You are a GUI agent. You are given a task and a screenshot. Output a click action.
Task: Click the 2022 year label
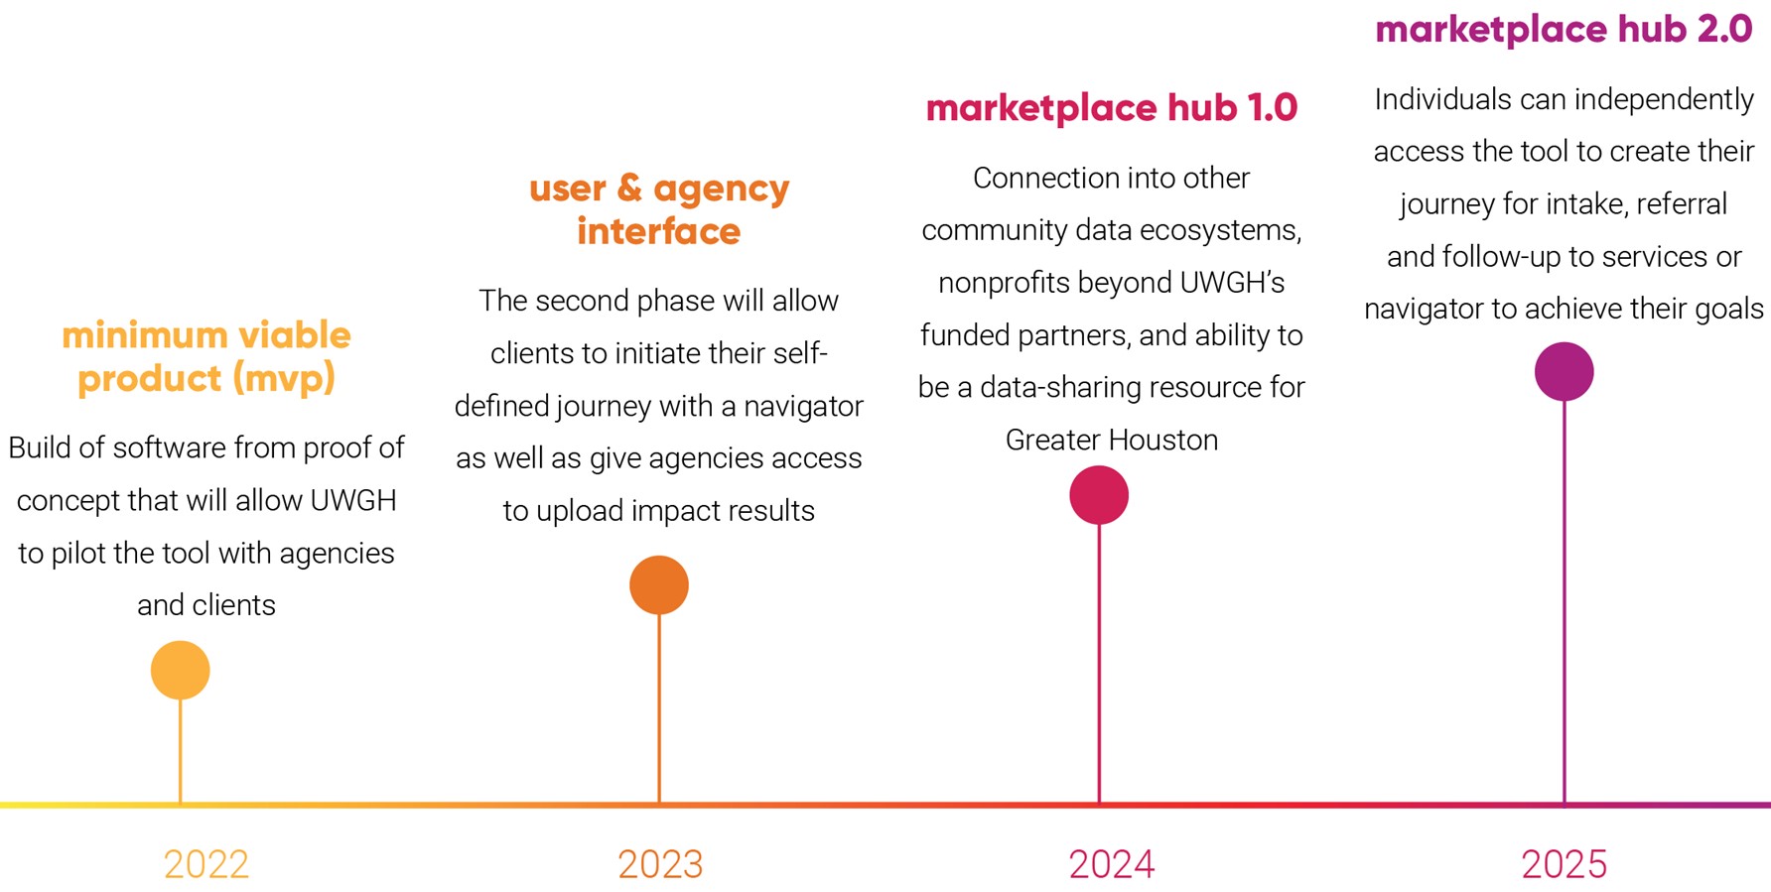coord(206,864)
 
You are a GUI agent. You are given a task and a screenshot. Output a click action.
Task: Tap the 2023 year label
coord(660,864)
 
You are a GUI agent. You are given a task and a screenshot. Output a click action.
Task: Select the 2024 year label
coord(1112,864)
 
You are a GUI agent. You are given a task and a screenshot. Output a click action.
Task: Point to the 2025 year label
coord(1565,864)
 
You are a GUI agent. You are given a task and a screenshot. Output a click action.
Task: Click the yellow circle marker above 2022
coord(181,670)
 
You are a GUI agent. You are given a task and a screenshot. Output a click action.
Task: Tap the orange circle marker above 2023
coord(659,584)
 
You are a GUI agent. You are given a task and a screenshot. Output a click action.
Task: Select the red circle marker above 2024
coord(1099,494)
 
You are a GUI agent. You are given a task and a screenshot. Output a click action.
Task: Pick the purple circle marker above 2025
coord(1565,372)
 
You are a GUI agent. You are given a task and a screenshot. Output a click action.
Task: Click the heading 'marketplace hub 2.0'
coord(1564,30)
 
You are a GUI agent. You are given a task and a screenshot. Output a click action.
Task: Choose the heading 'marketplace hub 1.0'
coord(1112,108)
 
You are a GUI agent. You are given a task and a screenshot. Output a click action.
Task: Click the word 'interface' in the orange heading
coord(659,231)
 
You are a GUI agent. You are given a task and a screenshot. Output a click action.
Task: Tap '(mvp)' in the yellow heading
coord(284,379)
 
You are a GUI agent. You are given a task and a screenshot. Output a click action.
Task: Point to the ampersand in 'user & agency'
coord(629,188)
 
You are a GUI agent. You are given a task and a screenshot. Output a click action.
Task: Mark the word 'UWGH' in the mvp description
coord(353,500)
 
